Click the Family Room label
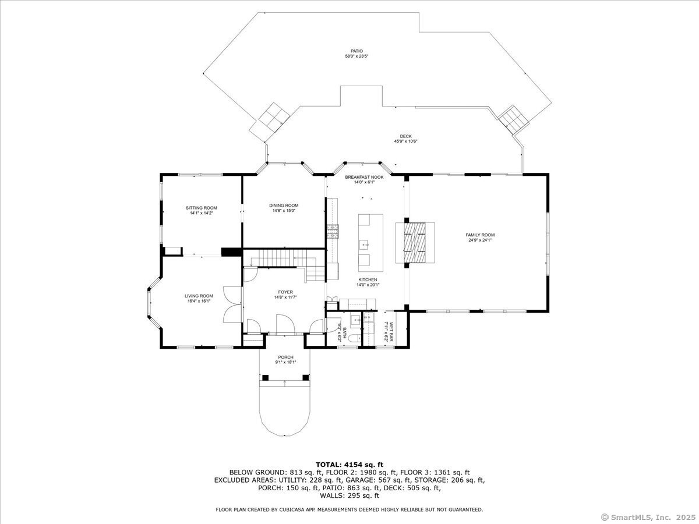click(x=480, y=235)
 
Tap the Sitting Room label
click(x=202, y=208)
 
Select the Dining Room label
click(x=284, y=205)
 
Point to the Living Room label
click(x=199, y=296)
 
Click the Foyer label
click(x=285, y=292)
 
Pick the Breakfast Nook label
click(x=364, y=177)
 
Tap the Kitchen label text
click(x=368, y=279)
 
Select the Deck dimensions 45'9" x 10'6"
click(x=405, y=141)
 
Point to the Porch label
click(x=285, y=357)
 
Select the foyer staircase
click(x=285, y=257)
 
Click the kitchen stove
click(x=334, y=232)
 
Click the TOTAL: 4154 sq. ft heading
click(x=349, y=464)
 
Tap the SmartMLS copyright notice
click(x=647, y=517)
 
